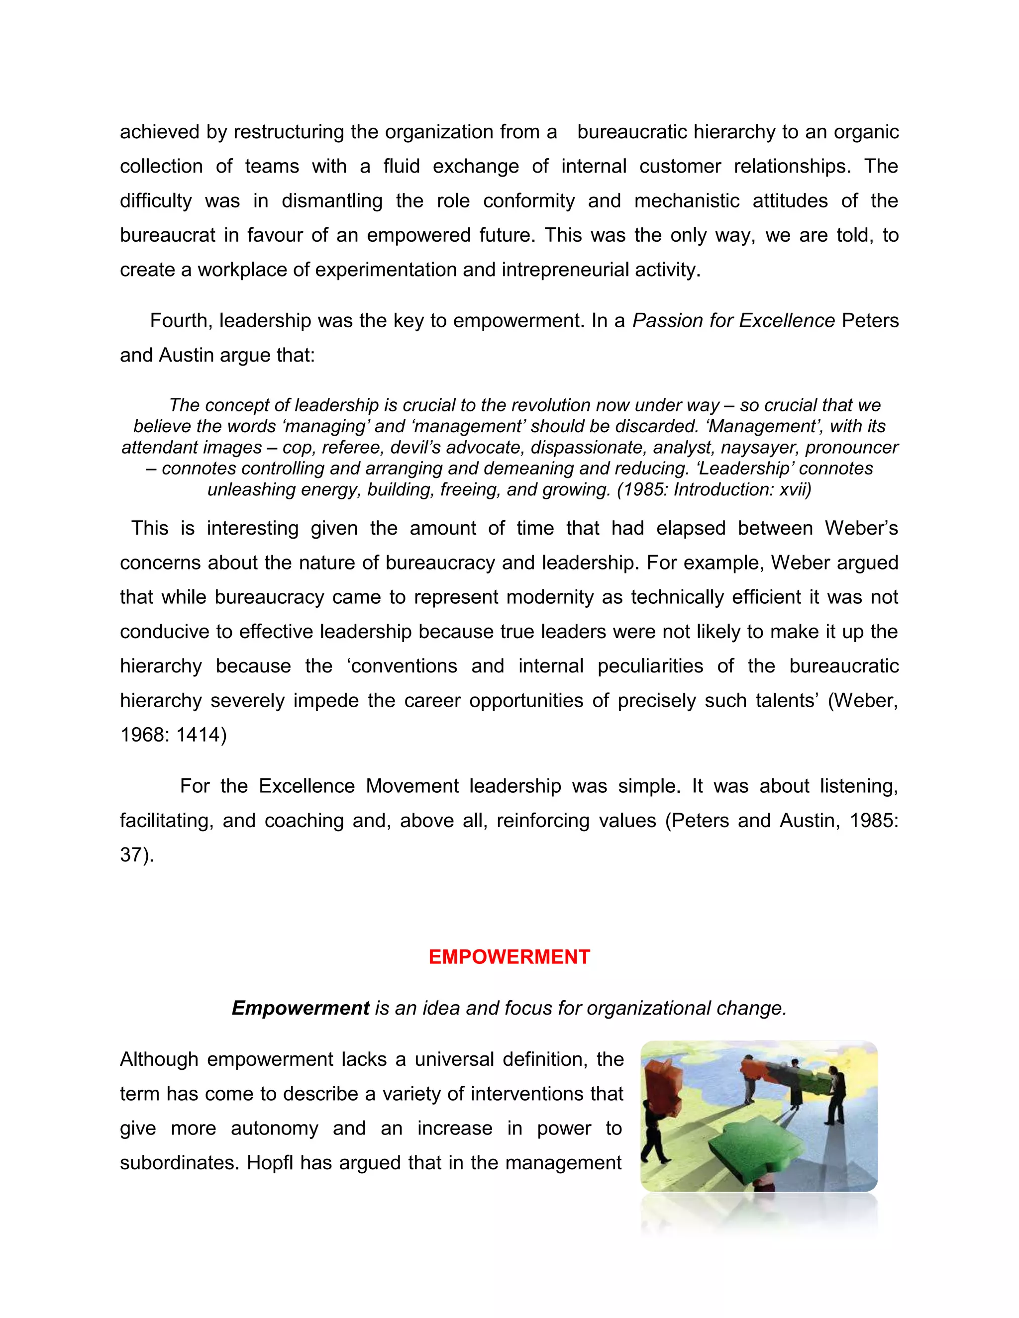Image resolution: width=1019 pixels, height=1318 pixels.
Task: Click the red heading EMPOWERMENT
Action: coord(509,957)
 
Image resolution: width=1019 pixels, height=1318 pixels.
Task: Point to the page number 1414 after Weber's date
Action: coord(198,735)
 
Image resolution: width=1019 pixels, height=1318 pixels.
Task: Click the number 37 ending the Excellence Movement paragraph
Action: coord(131,855)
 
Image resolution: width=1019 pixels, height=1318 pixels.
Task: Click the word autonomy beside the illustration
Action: coord(274,1129)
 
